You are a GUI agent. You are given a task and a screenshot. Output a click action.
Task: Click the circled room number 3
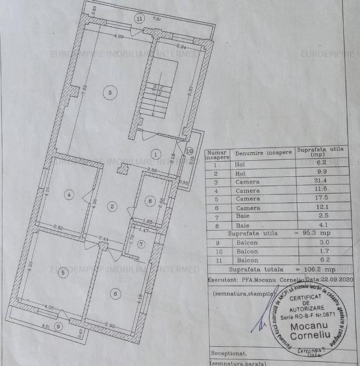tap(110, 94)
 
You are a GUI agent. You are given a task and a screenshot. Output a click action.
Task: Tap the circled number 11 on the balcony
tap(140, 19)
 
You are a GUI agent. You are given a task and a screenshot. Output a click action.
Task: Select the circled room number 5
tap(62, 273)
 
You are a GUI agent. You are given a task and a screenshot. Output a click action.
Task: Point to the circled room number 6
tap(116, 294)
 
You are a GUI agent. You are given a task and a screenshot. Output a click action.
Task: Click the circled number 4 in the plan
tap(68, 194)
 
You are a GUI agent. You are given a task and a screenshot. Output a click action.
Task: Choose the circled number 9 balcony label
tap(58, 326)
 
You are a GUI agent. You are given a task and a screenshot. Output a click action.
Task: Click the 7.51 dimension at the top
tap(157, 20)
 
